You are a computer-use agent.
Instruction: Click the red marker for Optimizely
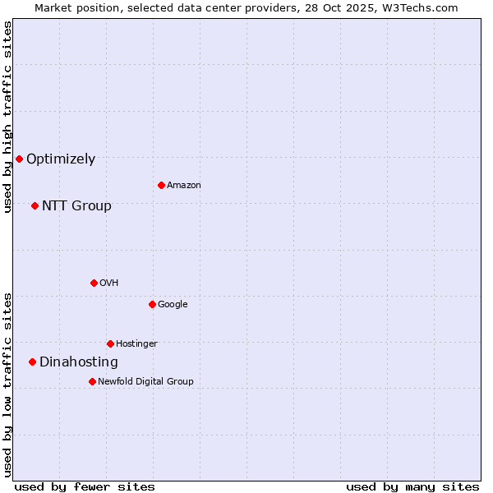click(x=19, y=159)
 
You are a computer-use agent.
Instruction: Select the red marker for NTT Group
click(x=35, y=205)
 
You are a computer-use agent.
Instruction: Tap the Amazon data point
click(x=161, y=185)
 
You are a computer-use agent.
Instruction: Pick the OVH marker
click(x=94, y=283)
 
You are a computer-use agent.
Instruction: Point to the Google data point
click(x=152, y=304)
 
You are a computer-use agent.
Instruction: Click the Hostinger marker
click(x=110, y=343)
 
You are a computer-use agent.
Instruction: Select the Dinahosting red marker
click(x=32, y=362)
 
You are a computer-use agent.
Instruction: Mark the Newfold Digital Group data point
click(x=92, y=381)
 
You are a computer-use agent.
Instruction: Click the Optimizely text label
click(x=61, y=159)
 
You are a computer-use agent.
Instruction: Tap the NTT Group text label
click(x=76, y=206)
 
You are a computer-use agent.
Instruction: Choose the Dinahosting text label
click(x=79, y=362)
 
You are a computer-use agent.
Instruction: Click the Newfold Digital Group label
click(x=145, y=381)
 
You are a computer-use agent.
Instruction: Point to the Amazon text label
click(x=183, y=186)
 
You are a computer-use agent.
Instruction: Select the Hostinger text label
click(x=136, y=343)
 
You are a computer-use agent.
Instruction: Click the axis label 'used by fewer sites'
click(x=85, y=486)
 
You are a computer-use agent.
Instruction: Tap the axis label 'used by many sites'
click(x=412, y=486)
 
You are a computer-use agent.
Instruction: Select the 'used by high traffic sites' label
click(x=8, y=117)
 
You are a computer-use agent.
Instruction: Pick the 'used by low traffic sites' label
click(x=8, y=385)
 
